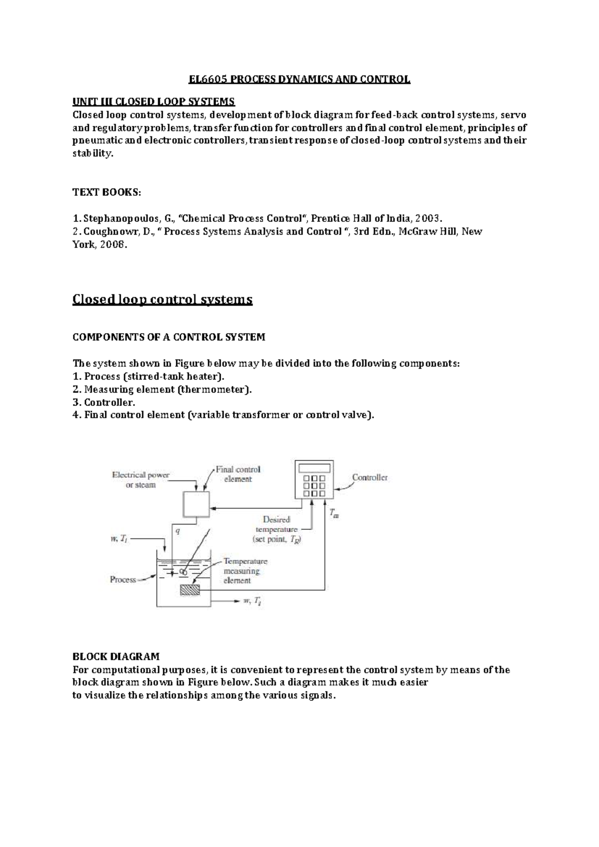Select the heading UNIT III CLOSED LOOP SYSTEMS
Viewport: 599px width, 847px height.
click(x=153, y=102)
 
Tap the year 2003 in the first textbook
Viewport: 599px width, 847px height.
click(x=428, y=218)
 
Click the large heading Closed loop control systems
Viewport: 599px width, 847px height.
click(x=162, y=299)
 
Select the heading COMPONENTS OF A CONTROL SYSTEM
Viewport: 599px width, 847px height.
click(x=169, y=337)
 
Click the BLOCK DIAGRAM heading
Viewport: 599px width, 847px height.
click(x=116, y=656)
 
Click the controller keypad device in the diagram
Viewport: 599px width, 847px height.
click(x=314, y=479)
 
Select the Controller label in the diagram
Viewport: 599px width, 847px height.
click(x=370, y=477)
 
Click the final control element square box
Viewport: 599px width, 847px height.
click(x=196, y=504)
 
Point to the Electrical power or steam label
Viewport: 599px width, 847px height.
click(x=140, y=480)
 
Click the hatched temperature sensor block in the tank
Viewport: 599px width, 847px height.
click(x=190, y=590)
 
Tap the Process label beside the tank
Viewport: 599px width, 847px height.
click(x=123, y=580)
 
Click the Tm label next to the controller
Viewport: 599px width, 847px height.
click(x=334, y=513)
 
